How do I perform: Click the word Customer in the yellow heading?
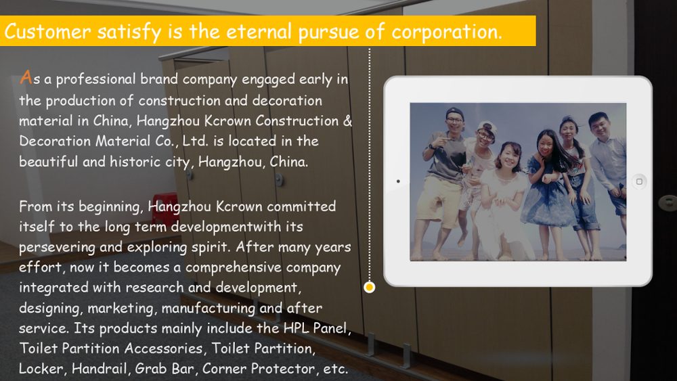[48, 32]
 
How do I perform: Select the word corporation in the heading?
[447, 32]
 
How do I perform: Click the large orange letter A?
[26, 77]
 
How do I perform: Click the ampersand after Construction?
[347, 121]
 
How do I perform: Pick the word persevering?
[57, 247]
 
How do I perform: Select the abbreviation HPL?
[296, 328]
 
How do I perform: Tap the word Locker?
[43, 369]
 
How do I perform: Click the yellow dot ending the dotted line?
[369, 288]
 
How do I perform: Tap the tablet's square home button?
[639, 181]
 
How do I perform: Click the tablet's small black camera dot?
[398, 181]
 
